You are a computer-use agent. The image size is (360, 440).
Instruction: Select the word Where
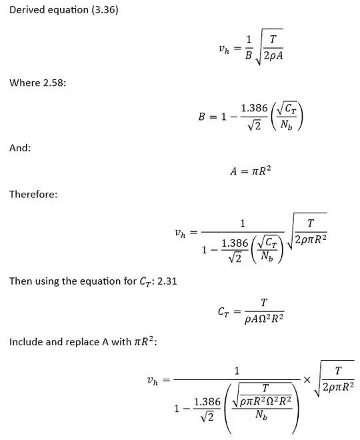coord(24,83)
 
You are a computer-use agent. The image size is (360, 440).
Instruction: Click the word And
coord(19,148)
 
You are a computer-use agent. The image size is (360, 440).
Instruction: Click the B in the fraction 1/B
coord(249,56)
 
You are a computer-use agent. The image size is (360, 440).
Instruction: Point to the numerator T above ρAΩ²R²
coord(263,302)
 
